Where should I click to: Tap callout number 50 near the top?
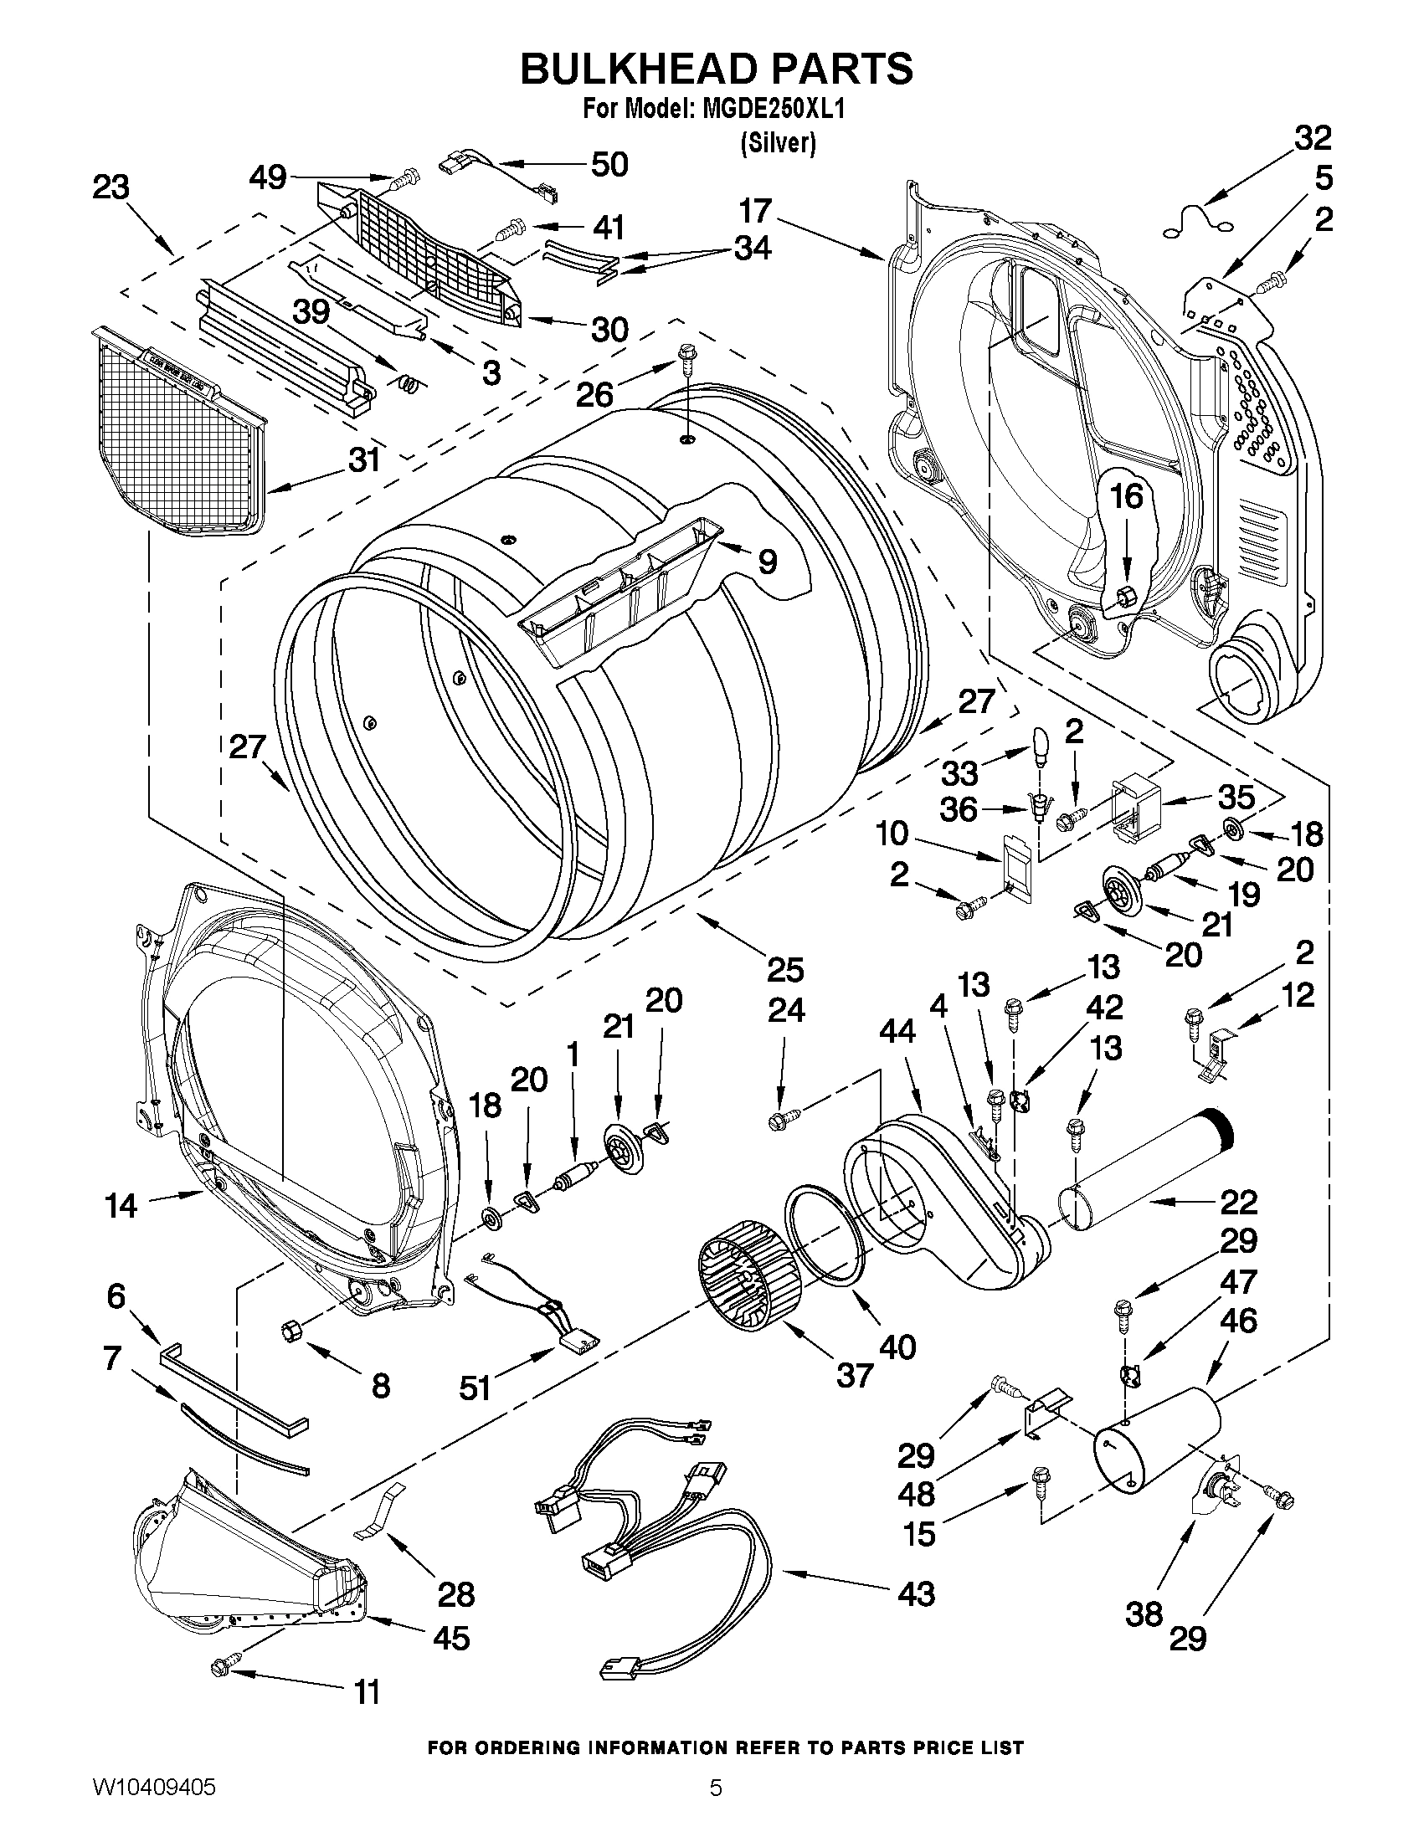[609, 165]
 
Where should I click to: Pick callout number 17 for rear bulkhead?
[756, 211]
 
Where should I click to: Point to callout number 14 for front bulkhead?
[121, 1205]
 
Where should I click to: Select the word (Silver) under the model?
[777, 144]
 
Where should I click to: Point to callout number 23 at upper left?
[111, 187]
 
